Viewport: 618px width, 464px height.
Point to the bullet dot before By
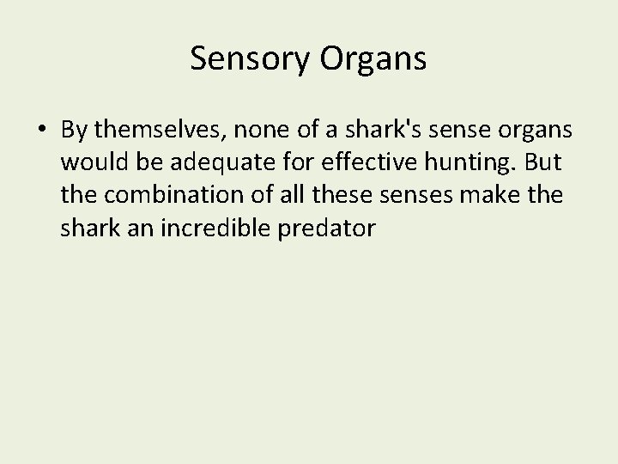[x=42, y=130]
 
